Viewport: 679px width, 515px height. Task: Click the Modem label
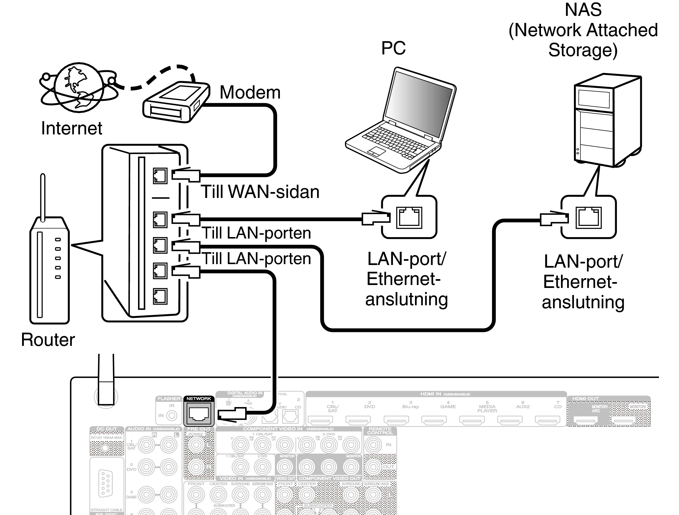(250, 92)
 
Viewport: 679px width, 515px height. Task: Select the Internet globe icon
(79, 87)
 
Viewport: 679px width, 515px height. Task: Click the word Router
(48, 340)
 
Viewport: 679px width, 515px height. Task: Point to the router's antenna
(43, 196)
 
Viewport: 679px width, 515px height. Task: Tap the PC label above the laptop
(393, 48)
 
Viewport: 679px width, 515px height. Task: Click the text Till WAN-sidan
(260, 192)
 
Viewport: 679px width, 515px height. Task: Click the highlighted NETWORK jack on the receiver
(199, 414)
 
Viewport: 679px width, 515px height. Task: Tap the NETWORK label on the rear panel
(199, 399)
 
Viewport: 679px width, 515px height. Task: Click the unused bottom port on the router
(160, 296)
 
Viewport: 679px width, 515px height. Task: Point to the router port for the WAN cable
(160, 176)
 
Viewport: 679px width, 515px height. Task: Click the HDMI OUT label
(585, 399)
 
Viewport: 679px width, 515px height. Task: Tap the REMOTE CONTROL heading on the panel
(380, 431)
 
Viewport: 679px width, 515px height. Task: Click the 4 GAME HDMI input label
(448, 405)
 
